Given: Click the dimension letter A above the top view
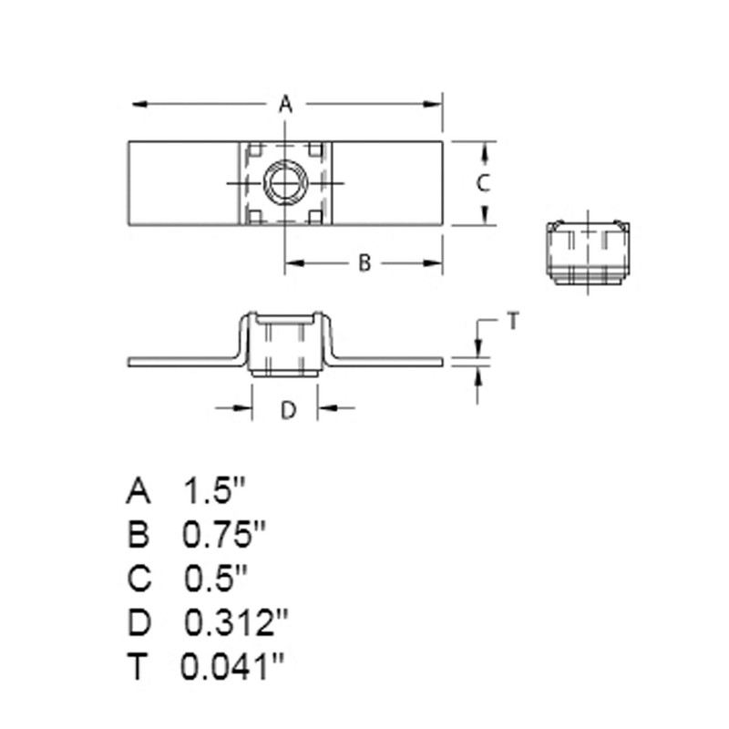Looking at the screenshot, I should (x=285, y=105).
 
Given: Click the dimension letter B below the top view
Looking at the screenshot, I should (x=363, y=263).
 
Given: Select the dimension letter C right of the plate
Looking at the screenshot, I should (x=485, y=182).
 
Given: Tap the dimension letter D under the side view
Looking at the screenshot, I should (x=287, y=411).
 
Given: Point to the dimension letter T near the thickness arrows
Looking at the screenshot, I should (x=512, y=321).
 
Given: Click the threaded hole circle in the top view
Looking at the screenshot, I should (x=284, y=183).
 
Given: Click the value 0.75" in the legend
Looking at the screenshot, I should (x=217, y=535).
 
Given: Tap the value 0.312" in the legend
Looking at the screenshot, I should (x=236, y=623).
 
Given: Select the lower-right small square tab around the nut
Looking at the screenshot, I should (x=314, y=217).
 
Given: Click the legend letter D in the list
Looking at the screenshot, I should (x=138, y=623).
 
